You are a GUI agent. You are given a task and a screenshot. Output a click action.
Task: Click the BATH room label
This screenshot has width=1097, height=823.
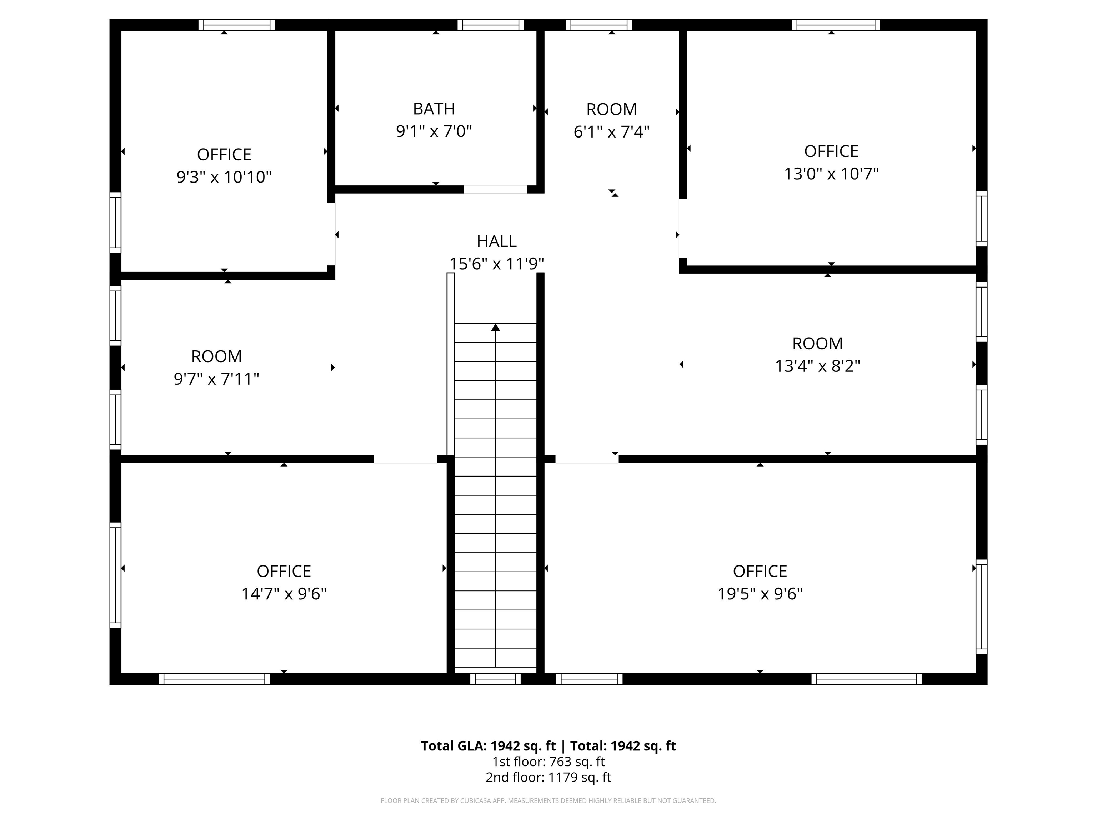point(434,109)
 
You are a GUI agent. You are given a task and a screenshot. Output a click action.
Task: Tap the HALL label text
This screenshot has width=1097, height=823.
point(496,241)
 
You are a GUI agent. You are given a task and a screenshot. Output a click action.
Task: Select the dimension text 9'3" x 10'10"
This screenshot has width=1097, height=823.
point(224,177)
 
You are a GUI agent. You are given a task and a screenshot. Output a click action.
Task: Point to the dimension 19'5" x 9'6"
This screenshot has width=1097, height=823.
point(760,594)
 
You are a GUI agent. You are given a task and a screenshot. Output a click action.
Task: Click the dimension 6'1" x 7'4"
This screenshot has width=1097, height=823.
point(611,132)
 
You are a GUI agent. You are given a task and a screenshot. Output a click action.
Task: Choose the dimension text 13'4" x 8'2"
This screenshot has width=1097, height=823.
point(817,366)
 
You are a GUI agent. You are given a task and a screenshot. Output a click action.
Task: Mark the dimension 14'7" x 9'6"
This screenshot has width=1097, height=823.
point(284,594)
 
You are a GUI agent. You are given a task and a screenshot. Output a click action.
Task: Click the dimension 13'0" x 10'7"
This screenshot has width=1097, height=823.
point(831,174)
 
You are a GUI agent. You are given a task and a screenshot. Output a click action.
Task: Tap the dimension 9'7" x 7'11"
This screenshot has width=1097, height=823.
point(216,379)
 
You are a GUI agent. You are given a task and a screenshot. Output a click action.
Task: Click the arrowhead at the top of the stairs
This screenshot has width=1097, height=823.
point(495,328)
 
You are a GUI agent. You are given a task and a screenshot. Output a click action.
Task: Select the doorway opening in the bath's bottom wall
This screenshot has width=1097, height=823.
point(495,190)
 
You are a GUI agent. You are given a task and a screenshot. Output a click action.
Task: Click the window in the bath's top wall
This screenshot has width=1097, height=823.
point(491,25)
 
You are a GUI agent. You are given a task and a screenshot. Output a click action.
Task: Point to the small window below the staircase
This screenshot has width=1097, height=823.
point(495,679)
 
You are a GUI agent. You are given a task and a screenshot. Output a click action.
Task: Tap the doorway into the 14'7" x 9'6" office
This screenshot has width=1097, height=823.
point(405,459)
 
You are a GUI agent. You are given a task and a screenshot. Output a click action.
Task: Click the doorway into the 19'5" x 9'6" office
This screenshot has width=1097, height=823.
point(587,459)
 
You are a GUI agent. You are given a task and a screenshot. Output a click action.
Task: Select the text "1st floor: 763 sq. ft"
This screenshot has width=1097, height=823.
point(548,762)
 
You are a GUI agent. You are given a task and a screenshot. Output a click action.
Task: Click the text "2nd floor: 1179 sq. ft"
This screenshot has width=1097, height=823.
point(548,777)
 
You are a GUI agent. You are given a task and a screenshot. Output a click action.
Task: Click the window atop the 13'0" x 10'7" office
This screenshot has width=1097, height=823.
point(836,25)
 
